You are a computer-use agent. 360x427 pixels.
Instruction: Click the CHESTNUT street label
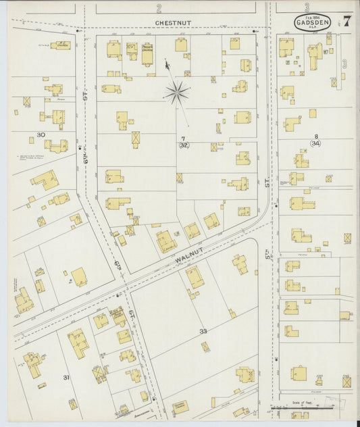173,22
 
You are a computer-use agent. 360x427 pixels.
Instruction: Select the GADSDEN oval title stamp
313,23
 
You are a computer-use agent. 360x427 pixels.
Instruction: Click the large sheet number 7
346,20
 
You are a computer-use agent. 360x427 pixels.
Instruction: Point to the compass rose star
177,93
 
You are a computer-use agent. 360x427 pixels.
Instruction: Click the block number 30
41,135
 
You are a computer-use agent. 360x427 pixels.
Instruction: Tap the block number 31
66,377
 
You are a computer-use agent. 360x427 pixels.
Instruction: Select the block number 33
203,331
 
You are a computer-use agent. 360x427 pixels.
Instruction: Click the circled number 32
184,145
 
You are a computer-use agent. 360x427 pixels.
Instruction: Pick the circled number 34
316,143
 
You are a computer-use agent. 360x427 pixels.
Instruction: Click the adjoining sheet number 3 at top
307,8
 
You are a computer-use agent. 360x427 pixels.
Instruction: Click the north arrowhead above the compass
167,65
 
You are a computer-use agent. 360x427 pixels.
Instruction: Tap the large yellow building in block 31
78,343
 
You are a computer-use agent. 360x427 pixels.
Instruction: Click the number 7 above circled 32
183,139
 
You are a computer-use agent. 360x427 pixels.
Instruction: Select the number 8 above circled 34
316,136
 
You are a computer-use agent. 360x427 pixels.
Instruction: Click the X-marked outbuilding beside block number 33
205,346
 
